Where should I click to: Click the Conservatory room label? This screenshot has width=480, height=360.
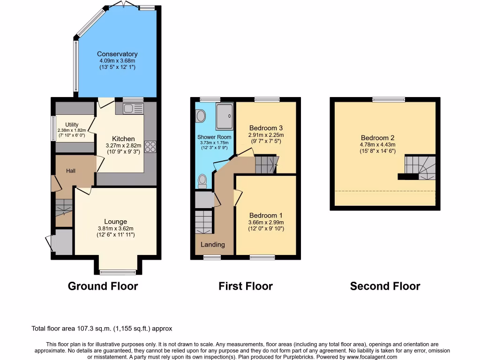coord(117,54)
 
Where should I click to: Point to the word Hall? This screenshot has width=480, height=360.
coord(71,171)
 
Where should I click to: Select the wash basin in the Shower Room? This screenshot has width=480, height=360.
coord(201,115)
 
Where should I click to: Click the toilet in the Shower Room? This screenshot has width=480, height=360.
coord(202,181)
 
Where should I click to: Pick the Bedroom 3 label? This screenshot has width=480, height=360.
coord(266,128)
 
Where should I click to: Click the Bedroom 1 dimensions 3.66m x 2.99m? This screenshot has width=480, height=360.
coord(266,222)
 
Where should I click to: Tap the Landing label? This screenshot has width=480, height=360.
coord(212,244)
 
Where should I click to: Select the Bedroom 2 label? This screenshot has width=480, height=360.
coord(377,138)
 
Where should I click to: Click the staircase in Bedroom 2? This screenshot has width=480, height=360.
coord(420,168)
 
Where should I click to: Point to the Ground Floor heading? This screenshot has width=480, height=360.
coord(103,286)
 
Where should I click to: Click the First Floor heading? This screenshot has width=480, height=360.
coord(245,286)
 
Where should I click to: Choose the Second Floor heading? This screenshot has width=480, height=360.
coord(385,286)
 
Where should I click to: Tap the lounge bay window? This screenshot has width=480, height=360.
coord(118,272)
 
